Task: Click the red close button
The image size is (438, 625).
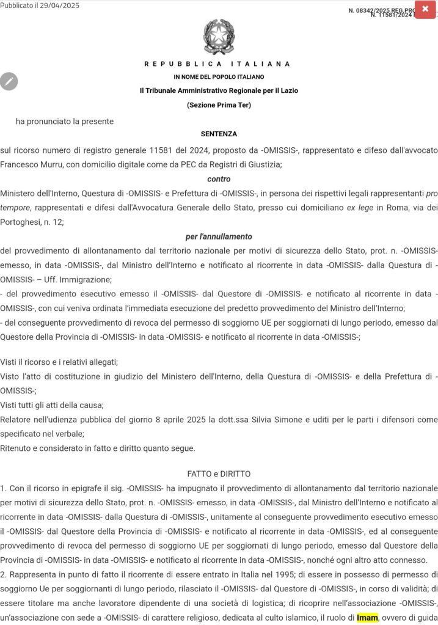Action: click(425, 9)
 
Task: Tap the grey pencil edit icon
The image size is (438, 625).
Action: click(9, 81)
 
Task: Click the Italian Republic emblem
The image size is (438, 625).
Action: click(218, 37)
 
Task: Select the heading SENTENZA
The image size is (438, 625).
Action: click(219, 134)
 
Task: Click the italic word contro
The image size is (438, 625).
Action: click(219, 179)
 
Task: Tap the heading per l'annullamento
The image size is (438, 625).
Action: click(219, 236)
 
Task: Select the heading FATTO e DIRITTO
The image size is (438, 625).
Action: click(219, 473)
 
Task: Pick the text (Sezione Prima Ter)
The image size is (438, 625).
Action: click(219, 105)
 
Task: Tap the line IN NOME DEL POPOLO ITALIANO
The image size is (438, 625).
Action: click(219, 77)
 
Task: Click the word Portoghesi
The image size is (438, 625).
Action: click(23, 222)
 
